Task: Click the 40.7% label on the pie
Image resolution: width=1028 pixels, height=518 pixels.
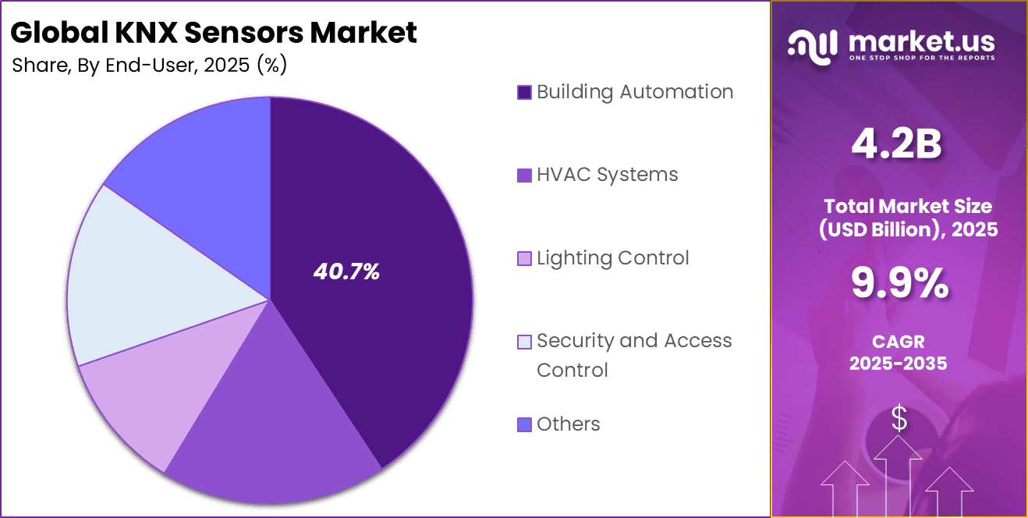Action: click(346, 271)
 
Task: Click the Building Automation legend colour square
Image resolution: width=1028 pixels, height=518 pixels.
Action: click(525, 93)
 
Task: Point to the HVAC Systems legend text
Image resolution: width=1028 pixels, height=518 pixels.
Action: click(607, 175)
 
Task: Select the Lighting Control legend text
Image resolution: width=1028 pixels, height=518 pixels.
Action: click(612, 258)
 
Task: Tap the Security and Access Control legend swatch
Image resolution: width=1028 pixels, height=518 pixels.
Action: click(525, 342)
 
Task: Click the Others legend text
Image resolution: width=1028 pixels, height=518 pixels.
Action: click(568, 424)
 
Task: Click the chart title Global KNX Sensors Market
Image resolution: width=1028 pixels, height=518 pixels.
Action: click(214, 32)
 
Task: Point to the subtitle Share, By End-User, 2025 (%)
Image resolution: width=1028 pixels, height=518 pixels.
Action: click(150, 66)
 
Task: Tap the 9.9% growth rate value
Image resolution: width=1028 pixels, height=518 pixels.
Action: click(899, 284)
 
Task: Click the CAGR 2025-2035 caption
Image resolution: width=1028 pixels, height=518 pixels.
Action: click(899, 352)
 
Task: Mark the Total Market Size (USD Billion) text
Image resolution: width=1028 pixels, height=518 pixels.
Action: click(899, 218)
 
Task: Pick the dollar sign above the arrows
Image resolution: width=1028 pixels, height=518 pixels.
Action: click(899, 420)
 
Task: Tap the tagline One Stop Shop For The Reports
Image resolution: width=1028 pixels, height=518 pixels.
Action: click(920, 59)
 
